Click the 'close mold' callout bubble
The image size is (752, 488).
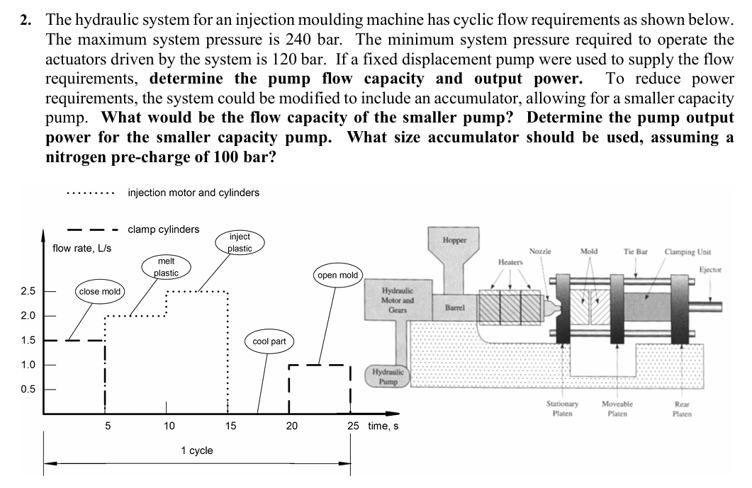100,291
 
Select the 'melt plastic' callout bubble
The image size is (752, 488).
166,267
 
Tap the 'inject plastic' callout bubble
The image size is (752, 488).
240,242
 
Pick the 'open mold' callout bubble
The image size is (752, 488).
338,275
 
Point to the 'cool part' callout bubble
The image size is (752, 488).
269,341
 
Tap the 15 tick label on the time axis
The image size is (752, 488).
230,426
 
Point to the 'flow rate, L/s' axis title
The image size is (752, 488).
82,248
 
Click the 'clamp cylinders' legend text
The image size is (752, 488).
163,229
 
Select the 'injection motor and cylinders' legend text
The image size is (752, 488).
193,192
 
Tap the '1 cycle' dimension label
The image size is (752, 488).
196,450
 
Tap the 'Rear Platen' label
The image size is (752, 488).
683,409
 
